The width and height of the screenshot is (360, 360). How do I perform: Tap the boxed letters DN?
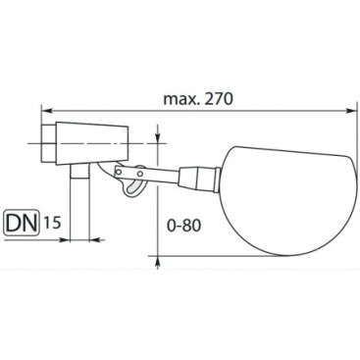[x=23, y=224]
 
